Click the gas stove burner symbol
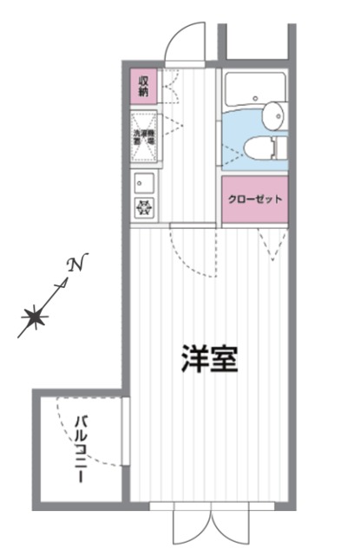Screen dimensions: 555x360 pos(142,207)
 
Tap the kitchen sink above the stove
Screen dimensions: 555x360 pos(142,183)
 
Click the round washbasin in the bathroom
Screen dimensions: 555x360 pos(275,112)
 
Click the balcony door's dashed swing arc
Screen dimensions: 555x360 pos(87,434)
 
